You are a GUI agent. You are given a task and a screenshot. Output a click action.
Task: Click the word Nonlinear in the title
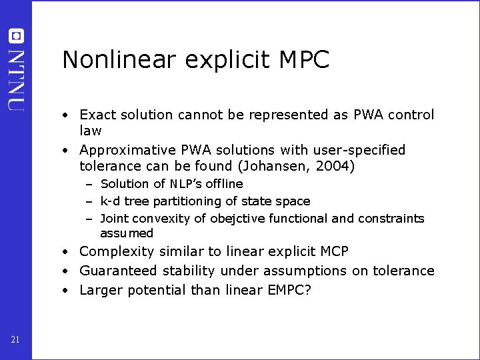[x=119, y=60]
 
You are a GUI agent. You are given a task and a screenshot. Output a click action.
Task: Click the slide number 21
[x=15, y=341]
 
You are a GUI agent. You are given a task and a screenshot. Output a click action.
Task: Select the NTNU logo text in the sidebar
[x=17, y=79]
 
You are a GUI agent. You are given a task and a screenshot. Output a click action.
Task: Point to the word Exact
[x=97, y=115]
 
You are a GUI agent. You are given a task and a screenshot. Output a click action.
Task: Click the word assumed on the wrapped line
[x=127, y=233]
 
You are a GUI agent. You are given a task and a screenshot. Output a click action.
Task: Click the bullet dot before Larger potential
[x=67, y=290]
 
